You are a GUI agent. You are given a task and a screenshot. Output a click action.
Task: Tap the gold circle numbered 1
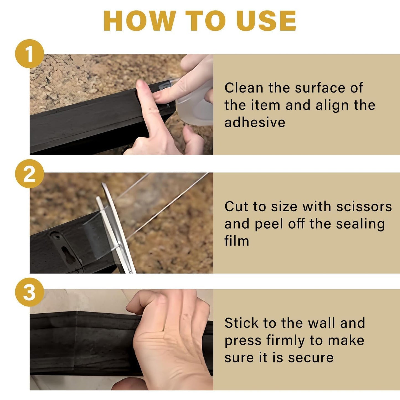[29, 54]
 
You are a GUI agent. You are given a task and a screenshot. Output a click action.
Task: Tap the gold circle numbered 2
[29, 174]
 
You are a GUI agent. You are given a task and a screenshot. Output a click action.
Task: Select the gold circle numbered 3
[29, 292]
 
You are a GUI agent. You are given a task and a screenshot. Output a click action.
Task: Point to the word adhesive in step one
[255, 122]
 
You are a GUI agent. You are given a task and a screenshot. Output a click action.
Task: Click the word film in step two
[237, 241]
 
